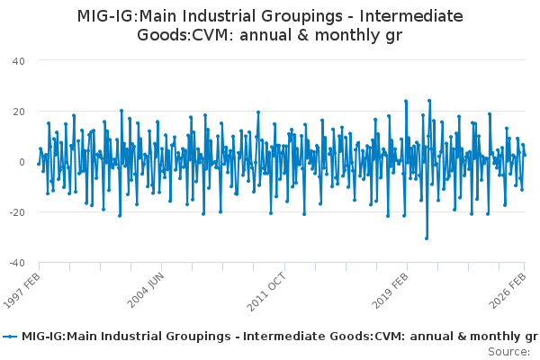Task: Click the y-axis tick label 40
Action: (18, 60)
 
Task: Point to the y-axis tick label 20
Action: (18, 111)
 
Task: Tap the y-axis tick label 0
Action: (22, 162)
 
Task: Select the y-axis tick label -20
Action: (16, 212)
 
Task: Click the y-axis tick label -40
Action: (16, 263)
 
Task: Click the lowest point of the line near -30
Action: (427, 238)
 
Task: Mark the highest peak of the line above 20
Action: (429, 100)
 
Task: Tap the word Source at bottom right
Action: (510, 352)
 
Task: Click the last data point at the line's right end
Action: (525, 155)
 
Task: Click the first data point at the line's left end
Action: (38, 164)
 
